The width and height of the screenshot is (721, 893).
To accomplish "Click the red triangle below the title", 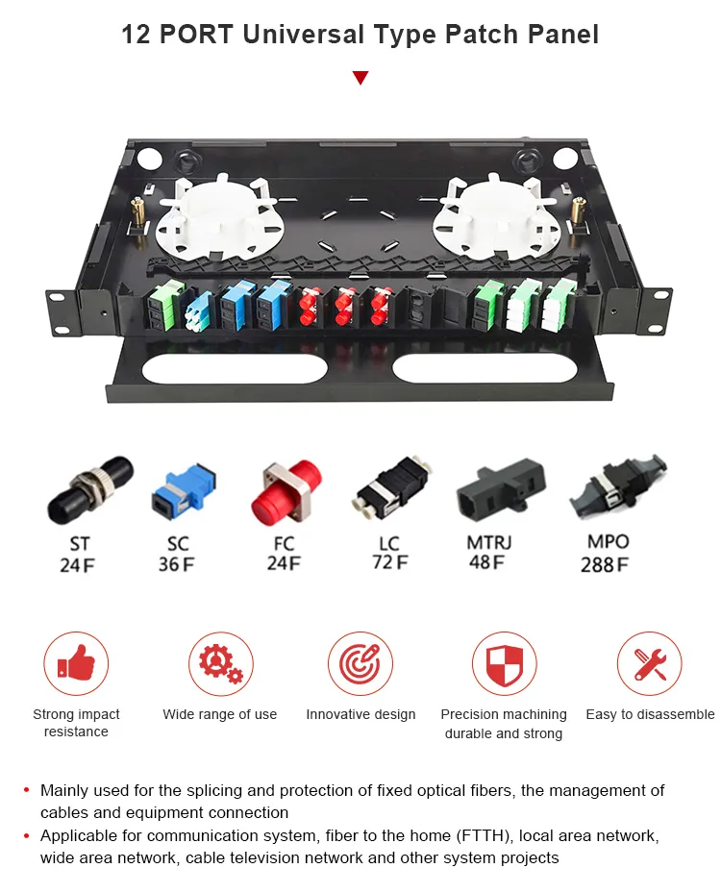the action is (360, 78).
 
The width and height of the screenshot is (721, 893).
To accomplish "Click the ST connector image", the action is (90, 490).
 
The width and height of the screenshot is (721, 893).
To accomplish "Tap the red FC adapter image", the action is (286, 494).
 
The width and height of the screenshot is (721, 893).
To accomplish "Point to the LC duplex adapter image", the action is (392, 486).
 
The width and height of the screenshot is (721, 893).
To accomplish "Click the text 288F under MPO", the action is (605, 564).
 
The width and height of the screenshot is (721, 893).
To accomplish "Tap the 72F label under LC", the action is (390, 562).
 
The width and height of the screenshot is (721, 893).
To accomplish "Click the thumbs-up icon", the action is (76, 662).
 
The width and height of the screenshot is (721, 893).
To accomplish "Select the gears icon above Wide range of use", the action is (220, 663).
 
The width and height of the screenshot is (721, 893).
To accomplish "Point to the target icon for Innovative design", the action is (360, 663).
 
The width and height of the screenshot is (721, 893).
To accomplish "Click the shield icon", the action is (504, 664).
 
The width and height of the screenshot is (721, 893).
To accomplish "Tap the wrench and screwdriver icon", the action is (650, 663).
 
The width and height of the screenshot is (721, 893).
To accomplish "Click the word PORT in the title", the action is (196, 35).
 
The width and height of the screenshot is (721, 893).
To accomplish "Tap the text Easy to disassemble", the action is (650, 714).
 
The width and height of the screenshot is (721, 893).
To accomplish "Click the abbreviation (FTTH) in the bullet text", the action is (482, 835).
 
